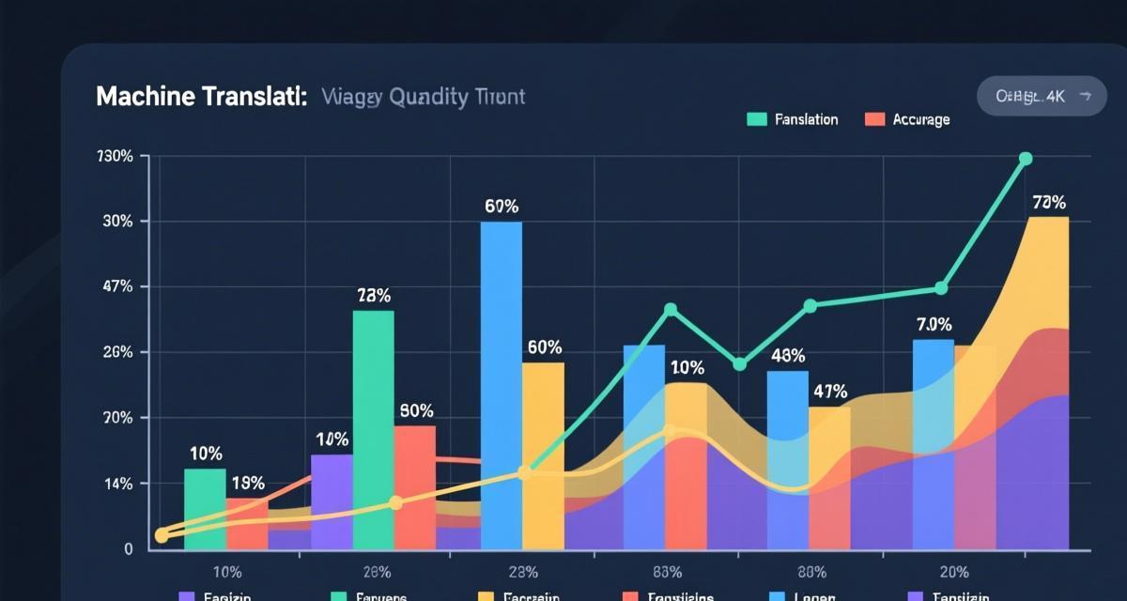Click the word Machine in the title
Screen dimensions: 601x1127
pyautogui.click(x=143, y=98)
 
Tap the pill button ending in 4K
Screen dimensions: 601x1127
pyautogui.click(x=1042, y=96)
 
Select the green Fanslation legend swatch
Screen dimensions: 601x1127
pyautogui.click(x=757, y=119)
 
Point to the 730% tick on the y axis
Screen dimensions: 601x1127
pyautogui.click(x=115, y=156)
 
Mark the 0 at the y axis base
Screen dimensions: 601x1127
pyautogui.click(x=128, y=549)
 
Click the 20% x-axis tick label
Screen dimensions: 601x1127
pyautogui.click(x=953, y=571)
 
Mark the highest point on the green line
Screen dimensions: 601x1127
pyautogui.click(x=1026, y=159)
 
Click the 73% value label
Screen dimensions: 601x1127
pyautogui.click(x=374, y=295)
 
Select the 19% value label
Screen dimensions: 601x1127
pyautogui.click(x=247, y=484)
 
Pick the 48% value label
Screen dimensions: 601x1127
pyautogui.click(x=788, y=357)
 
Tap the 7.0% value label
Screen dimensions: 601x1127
pyautogui.click(x=934, y=325)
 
